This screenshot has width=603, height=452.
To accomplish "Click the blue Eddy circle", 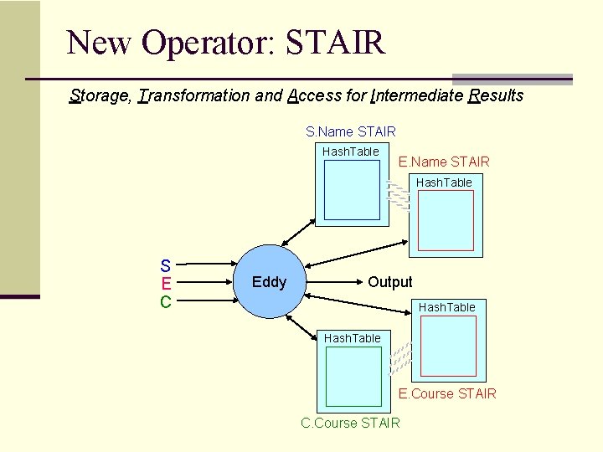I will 269,282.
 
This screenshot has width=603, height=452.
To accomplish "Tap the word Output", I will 389,282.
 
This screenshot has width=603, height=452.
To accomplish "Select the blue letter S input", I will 166,265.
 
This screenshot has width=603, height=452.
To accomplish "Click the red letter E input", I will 166,283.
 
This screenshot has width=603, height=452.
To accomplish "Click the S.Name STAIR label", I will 350,131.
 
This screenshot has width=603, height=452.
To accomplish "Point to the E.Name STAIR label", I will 444,162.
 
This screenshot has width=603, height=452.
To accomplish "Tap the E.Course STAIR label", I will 447,393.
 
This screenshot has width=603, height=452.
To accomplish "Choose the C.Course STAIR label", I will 350,423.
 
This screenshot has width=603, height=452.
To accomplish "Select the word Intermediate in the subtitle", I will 415,95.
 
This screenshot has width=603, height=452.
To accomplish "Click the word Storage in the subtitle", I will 100,95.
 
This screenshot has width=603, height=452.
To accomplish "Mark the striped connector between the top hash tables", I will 399,195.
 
